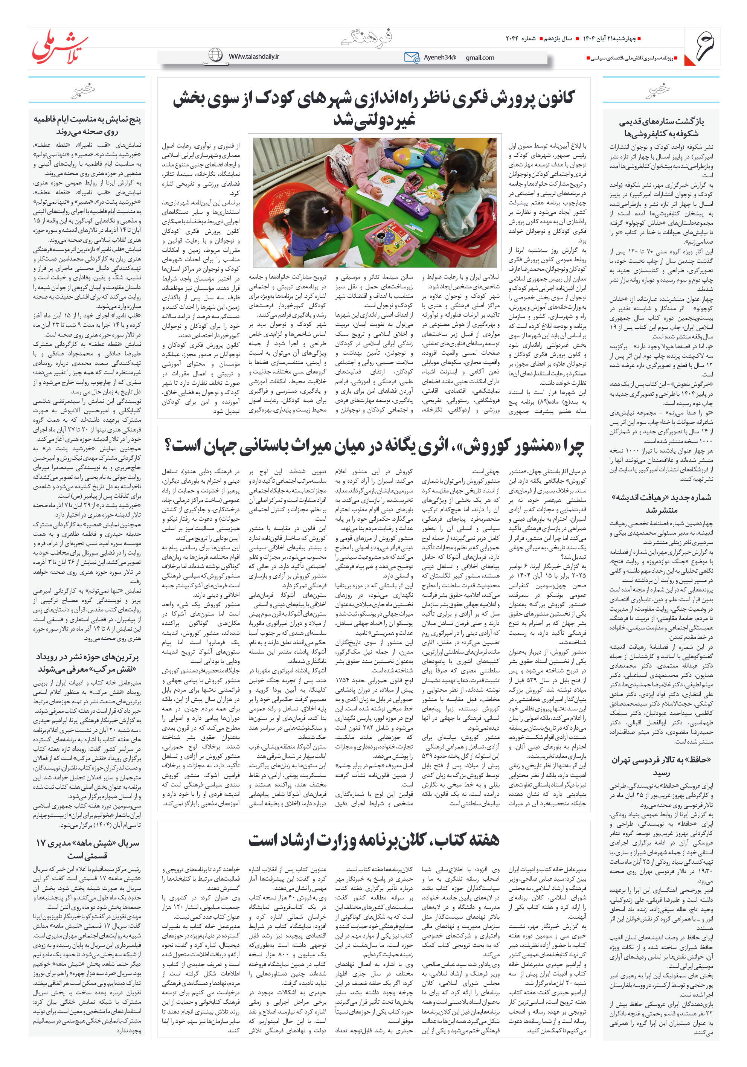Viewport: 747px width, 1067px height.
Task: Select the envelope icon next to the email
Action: click(412, 57)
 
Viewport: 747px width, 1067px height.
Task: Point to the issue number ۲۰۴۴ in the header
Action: click(513, 38)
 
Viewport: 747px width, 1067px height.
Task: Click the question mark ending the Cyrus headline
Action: click(168, 446)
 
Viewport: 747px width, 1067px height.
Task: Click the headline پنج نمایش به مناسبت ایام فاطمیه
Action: click(87, 125)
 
